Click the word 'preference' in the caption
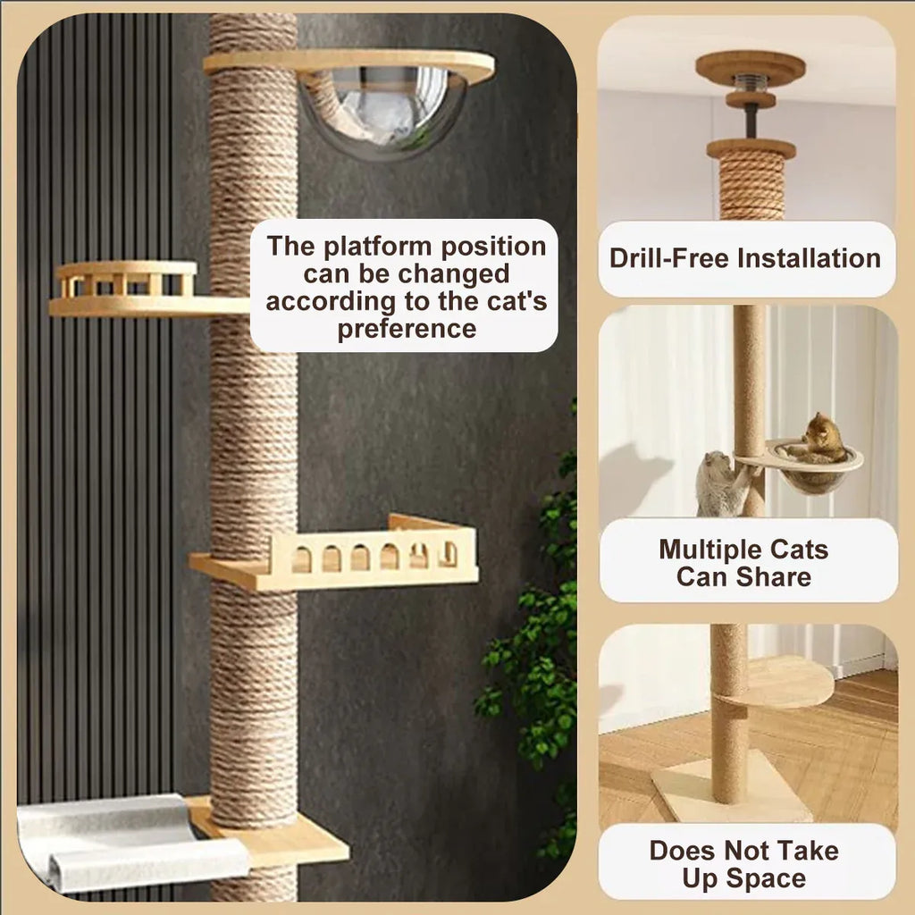pyautogui.click(x=407, y=329)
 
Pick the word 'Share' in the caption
pyautogui.click(x=773, y=577)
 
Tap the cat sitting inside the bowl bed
pyautogui.click(x=820, y=437)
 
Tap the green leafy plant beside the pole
pyautogui.click(x=534, y=642)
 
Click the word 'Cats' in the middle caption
pyautogui.click(x=799, y=550)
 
